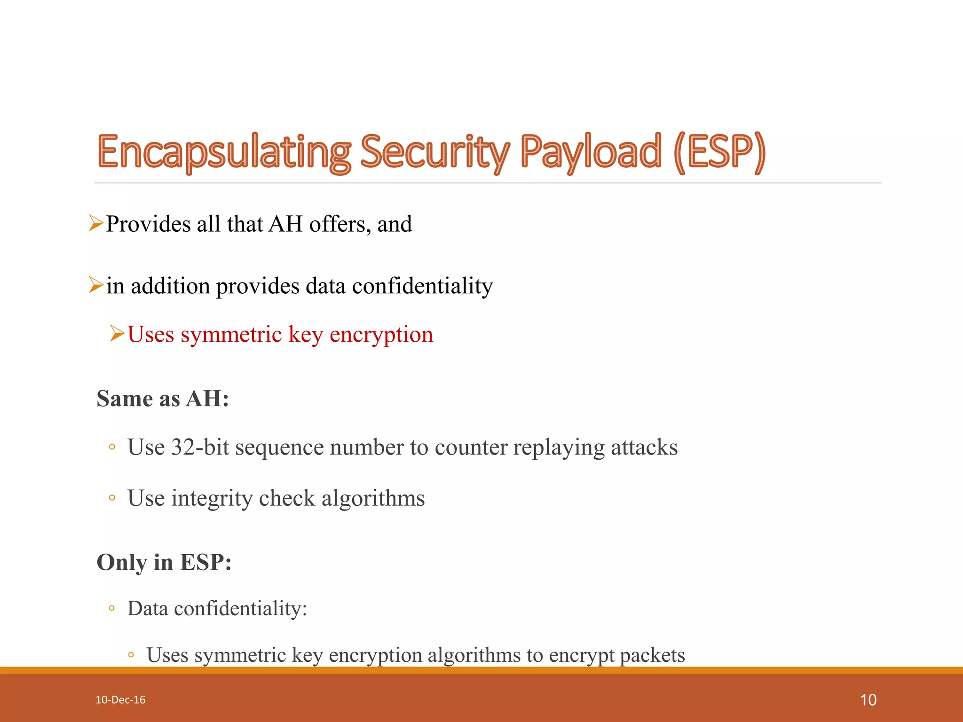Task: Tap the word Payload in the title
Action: tap(591, 152)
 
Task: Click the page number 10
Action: tap(868, 700)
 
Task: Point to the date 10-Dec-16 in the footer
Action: tap(120, 700)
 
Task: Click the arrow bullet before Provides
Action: tap(96, 223)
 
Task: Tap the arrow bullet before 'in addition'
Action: tap(96, 285)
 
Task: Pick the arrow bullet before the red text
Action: tap(117, 334)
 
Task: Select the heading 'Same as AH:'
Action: tap(163, 399)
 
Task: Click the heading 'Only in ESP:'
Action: tap(164, 562)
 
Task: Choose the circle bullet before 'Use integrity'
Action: tap(112, 498)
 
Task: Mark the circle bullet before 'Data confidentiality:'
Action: tap(111, 608)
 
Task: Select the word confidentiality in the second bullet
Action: tap(422, 286)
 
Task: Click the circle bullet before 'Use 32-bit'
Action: tap(112, 447)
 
